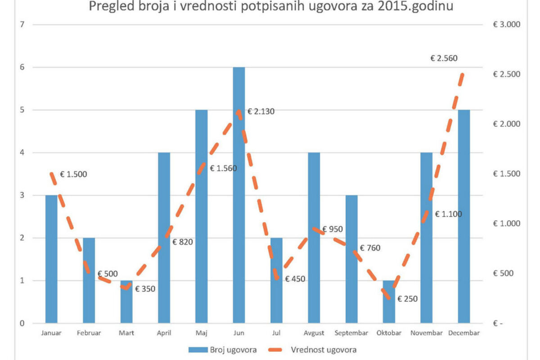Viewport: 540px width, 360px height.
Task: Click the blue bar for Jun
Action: coord(238,195)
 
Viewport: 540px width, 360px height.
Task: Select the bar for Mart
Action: coord(126,302)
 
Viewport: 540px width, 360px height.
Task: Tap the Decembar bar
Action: coord(463,216)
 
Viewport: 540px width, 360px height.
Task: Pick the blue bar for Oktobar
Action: coord(389,302)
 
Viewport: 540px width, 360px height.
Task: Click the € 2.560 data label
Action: coord(444,58)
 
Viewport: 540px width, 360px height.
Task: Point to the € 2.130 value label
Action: coord(261,112)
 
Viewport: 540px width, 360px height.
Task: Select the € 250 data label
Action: coord(408,298)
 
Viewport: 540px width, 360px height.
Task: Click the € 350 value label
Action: coord(145,289)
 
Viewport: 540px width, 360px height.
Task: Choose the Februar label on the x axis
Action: coord(89,333)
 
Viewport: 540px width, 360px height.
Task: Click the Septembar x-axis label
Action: coord(351,333)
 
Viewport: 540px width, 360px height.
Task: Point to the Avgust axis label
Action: coord(314,333)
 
